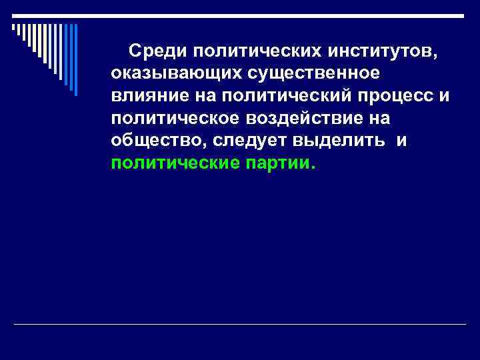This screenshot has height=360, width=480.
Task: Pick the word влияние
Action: tap(143, 95)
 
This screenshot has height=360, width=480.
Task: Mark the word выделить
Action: tap(342, 141)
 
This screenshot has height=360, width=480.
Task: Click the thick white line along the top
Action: tap(240, 15)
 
